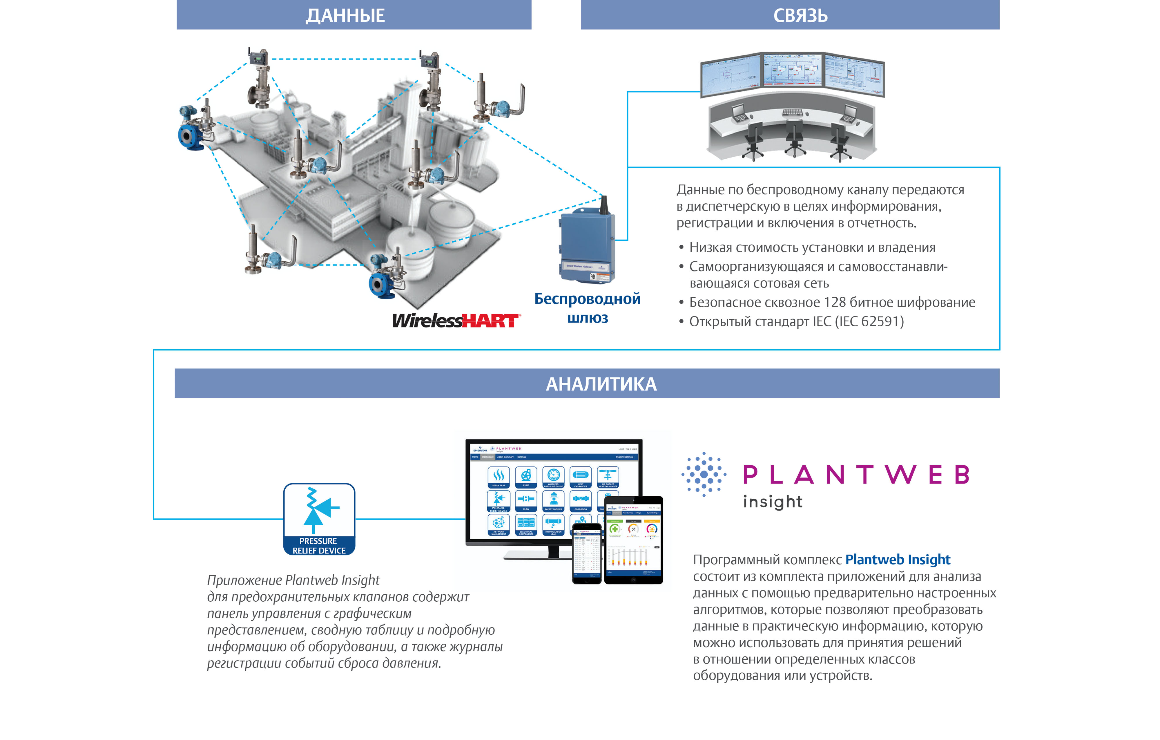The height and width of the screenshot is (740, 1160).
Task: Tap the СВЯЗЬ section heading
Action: coord(800,15)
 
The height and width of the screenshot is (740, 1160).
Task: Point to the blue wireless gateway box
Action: coord(587,248)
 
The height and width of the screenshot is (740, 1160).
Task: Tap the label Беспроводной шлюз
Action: coord(587,308)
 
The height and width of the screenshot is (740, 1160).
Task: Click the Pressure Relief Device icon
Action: coord(319,519)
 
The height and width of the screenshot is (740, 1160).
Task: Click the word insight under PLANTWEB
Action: coord(772,502)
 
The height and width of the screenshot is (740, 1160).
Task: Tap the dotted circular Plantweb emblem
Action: coord(704,475)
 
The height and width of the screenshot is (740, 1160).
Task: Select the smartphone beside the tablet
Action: coord(587,554)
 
